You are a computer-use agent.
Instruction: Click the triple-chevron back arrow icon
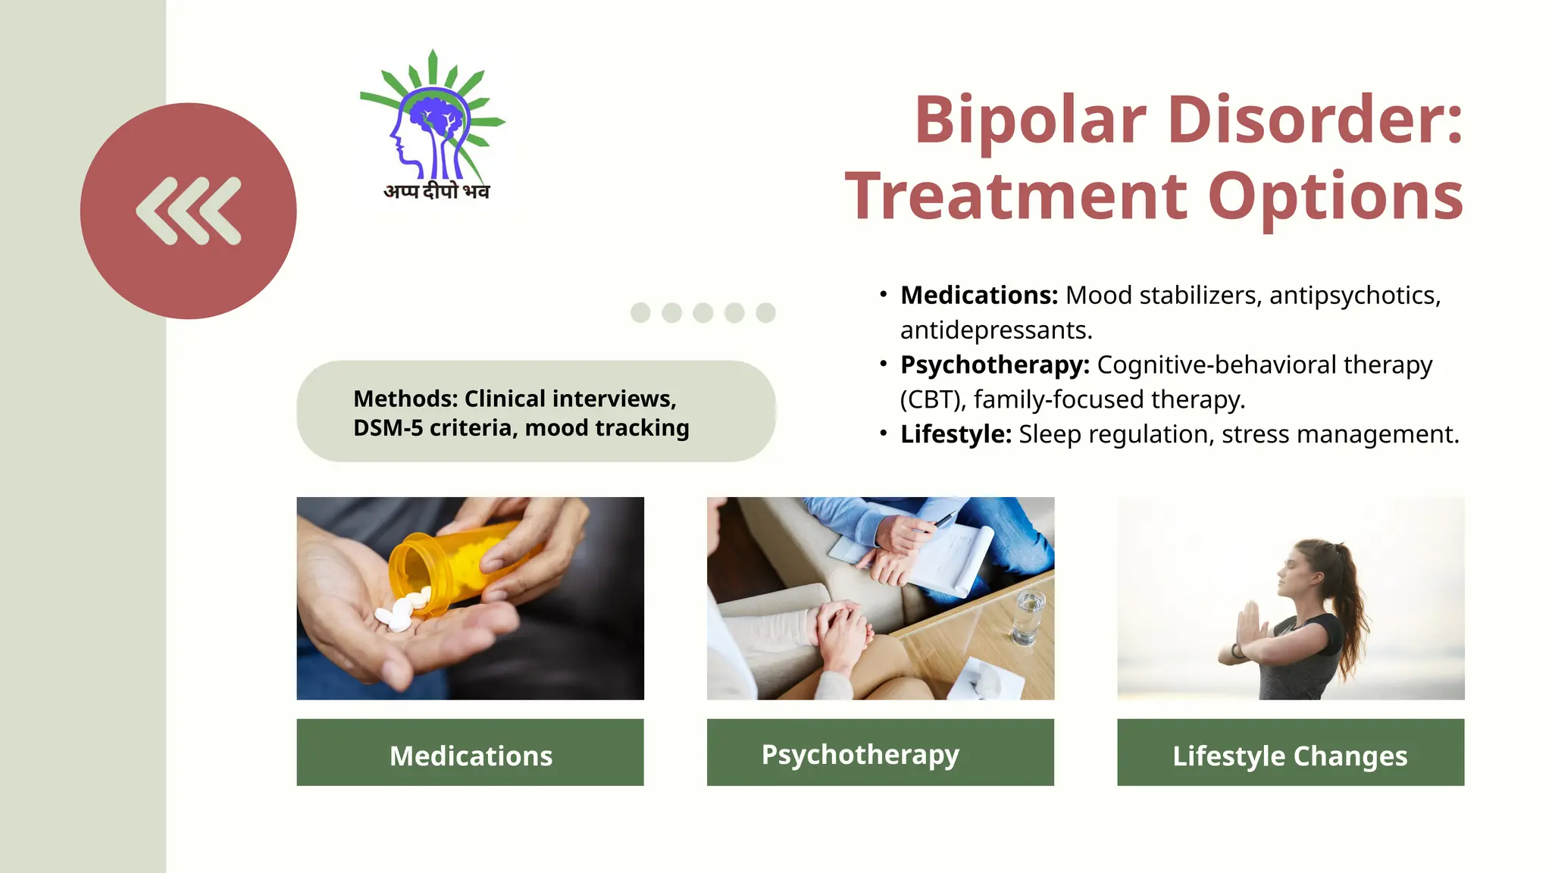[189, 211]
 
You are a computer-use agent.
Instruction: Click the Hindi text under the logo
[436, 191]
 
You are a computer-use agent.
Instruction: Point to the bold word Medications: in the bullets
[978, 295]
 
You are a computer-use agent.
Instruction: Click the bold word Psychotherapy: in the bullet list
[994, 365]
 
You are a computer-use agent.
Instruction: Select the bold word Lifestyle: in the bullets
[956, 434]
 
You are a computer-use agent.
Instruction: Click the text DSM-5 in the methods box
[387, 428]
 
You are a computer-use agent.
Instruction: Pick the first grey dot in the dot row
[640, 312]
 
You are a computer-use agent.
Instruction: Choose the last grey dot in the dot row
[765, 312]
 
